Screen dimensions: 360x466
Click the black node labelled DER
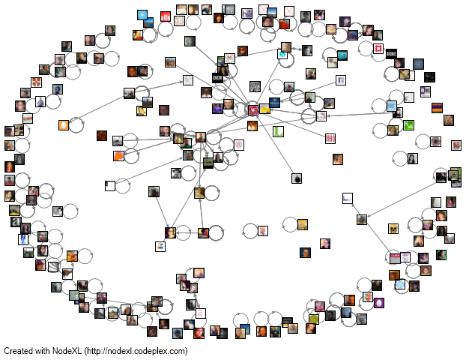(217, 77)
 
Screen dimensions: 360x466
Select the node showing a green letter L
(279, 131)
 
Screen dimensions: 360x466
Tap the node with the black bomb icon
(297, 178)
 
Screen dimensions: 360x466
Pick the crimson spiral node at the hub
(253, 109)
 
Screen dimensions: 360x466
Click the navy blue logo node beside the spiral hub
(274, 102)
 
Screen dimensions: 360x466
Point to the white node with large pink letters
(330, 139)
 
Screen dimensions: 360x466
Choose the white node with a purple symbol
(341, 80)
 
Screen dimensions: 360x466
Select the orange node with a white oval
(64, 125)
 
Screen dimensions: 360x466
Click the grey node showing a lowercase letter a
(14, 221)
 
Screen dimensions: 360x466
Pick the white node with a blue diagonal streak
(23, 238)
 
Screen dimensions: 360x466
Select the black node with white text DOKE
(390, 53)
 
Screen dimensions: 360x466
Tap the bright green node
(408, 125)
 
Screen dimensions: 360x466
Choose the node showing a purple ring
(379, 303)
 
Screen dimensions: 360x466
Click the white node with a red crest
(379, 49)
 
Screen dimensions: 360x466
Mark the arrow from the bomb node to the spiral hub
(275, 144)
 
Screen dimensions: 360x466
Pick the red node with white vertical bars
(166, 16)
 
